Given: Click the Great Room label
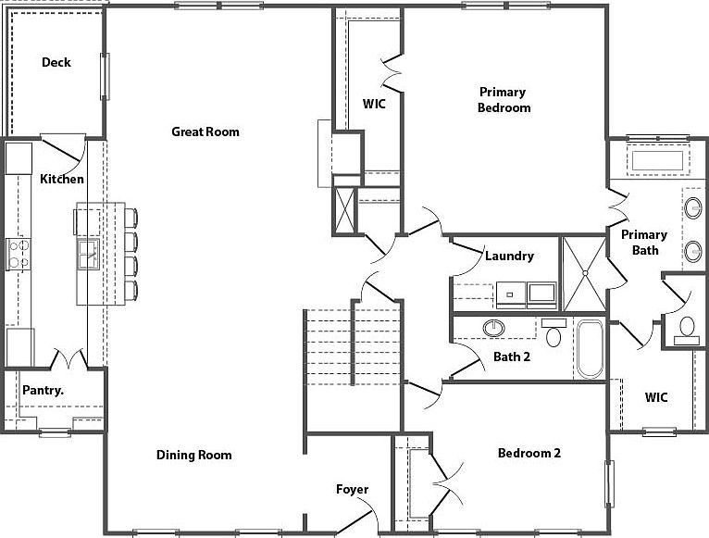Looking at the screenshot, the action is tap(205, 131).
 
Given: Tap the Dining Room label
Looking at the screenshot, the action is tap(194, 455).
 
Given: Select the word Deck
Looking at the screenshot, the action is tap(56, 62).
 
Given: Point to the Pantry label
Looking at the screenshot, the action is tap(43, 390).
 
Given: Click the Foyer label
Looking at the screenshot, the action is tap(353, 489).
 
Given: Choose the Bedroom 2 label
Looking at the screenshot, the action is tap(529, 453).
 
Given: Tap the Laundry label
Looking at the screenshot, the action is tap(510, 256).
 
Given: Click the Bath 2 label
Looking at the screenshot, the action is tap(512, 357).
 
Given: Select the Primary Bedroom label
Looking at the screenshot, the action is tap(504, 100).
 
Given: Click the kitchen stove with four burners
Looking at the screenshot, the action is tap(19, 254).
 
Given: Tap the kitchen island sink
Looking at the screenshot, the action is tap(89, 255).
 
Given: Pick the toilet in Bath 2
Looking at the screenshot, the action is tap(554, 332).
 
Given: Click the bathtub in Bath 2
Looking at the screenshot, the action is tap(591, 349).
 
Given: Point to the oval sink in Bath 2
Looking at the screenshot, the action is tap(493, 328).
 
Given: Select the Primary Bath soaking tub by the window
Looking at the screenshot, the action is tap(657, 160).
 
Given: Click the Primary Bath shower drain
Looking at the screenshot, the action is tap(585, 273).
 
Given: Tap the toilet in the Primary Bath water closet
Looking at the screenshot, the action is tap(687, 331).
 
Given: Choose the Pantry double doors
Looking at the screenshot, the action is tap(68, 358).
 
